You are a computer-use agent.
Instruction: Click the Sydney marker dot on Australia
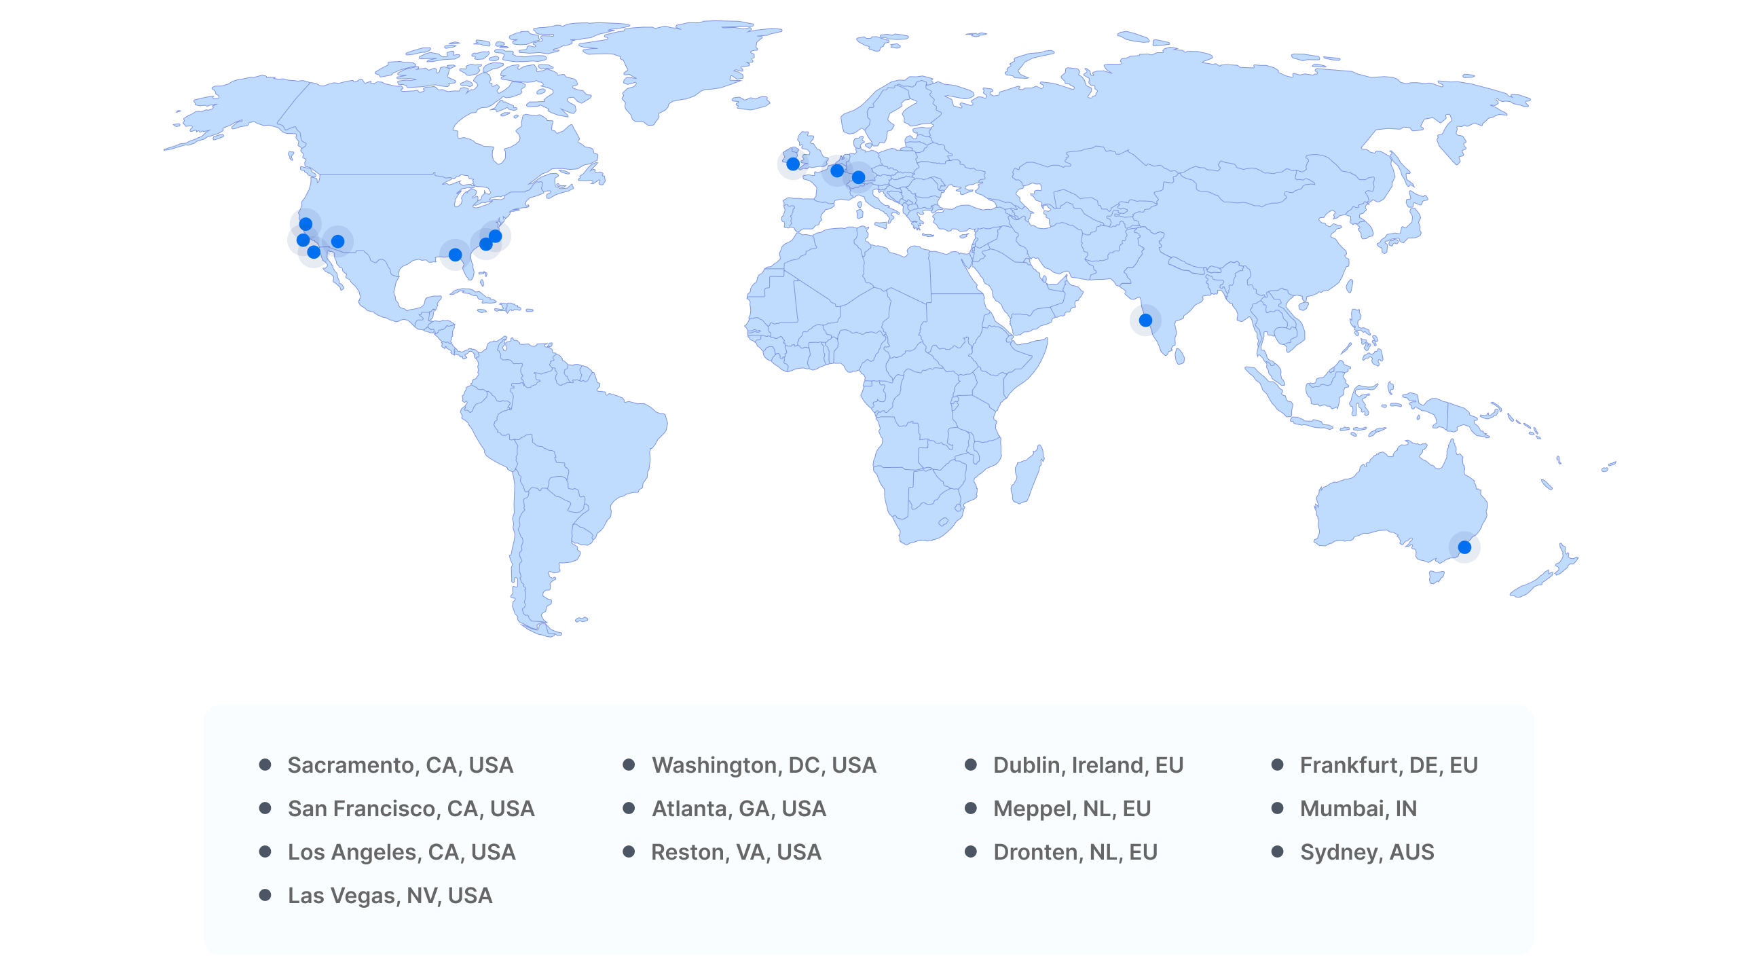[1464, 547]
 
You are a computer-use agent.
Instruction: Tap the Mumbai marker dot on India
[1145, 320]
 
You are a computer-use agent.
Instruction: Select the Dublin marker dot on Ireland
[792, 164]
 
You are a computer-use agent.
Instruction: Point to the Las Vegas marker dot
[337, 241]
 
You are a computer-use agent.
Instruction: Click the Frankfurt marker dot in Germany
[858, 177]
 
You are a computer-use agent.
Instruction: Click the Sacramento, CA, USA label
[400, 765]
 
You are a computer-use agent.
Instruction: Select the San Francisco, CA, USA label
[411, 809]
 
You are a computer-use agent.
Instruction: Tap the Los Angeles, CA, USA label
[401, 852]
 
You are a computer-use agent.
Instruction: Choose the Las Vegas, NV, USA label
[390, 896]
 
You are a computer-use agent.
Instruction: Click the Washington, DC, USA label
[764, 765]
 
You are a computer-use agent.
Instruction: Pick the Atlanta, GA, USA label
[739, 809]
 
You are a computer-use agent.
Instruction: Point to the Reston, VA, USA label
[736, 852]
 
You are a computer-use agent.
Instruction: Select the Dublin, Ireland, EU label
[1088, 765]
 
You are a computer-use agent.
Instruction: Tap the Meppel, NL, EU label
[1072, 809]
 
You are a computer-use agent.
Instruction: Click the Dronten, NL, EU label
[1075, 852]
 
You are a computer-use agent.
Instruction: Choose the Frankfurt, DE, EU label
[1388, 765]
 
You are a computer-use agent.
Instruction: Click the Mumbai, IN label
[1358, 809]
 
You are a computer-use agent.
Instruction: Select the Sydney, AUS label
[1367, 852]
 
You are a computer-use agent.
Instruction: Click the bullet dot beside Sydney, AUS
[1277, 851]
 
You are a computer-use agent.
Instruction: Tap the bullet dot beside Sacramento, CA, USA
[265, 765]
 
